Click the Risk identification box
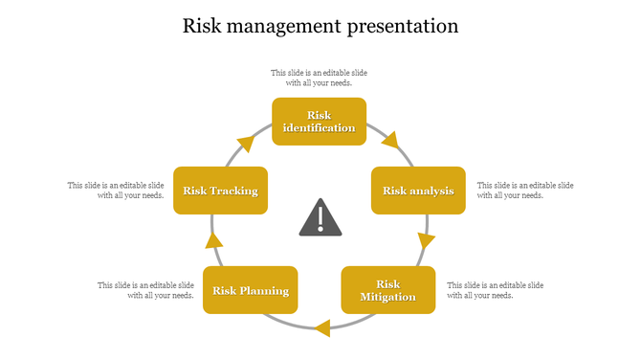pyautogui.click(x=319, y=122)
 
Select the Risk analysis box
pyautogui.click(x=418, y=191)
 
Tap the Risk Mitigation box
pyautogui.click(x=387, y=290)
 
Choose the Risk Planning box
pyautogui.click(x=251, y=291)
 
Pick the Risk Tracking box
pyautogui.click(x=221, y=191)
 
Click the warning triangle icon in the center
pyautogui.click(x=320, y=218)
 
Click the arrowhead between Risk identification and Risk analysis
pyautogui.click(x=389, y=142)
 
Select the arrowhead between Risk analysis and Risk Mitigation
pyautogui.click(x=426, y=239)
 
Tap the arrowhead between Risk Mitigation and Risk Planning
pyautogui.click(x=322, y=328)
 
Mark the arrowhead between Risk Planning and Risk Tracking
pyautogui.click(x=214, y=240)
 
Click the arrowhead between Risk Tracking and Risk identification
pyautogui.click(x=246, y=144)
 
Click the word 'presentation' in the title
pyautogui.click(x=401, y=26)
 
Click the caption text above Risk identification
pyautogui.click(x=319, y=78)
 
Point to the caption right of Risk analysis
pyautogui.click(x=525, y=190)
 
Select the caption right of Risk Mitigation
pyautogui.click(x=496, y=290)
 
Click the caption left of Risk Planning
pyautogui.click(x=145, y=290)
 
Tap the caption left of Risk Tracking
pyautogui.click(x=116, y=190)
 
